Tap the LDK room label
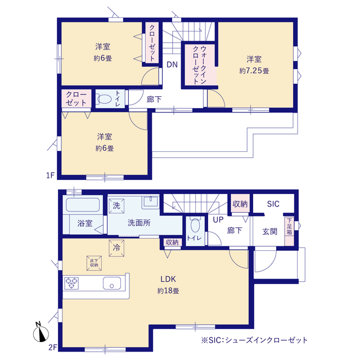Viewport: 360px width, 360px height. [168, 279]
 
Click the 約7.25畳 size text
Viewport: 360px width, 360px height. [254, 71]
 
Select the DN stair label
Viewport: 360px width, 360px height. [172, 65]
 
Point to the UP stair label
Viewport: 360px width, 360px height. [218, 220]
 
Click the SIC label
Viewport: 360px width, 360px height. [273, 204]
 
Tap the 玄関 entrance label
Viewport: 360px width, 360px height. [270, 231]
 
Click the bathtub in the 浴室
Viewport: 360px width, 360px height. [83, 205]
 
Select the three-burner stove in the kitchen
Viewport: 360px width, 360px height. [71, 283]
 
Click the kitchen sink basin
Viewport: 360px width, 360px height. [112, 283]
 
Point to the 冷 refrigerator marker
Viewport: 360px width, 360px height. [116, 248]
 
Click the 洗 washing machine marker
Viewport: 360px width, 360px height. [116, 206]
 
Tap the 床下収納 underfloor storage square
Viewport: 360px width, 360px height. [94, 263]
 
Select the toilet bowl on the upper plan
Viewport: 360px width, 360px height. [105, 99]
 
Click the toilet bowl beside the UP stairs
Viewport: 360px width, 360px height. [195, 224]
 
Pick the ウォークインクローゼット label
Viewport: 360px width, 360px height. [200, 65]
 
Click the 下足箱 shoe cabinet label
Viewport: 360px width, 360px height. [289, 226]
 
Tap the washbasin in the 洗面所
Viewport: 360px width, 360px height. [150, 202]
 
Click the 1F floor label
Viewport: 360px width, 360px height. [51, 175]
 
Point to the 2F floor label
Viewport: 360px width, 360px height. [52, 347]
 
